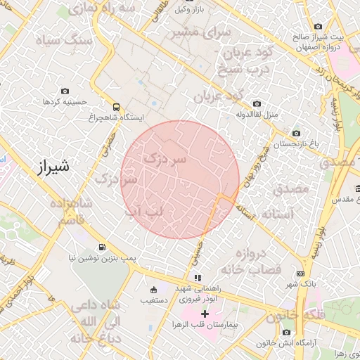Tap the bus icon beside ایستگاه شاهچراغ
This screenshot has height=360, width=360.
coord(116,107)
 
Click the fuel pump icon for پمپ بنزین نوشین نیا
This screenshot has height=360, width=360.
coord(103,247)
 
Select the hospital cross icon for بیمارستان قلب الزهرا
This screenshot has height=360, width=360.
coord(205,313)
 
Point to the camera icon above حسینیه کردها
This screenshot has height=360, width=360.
coord(65,91)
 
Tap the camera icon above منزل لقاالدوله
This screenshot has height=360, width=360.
coord(257,103)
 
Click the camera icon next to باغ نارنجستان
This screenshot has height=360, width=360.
coord(296,133)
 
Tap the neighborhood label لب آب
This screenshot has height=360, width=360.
coord(143,211)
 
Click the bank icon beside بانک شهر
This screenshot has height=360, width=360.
coord(302,274)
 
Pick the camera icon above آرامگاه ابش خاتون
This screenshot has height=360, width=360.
coord(287,332)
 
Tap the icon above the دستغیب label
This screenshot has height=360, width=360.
coord(154,289)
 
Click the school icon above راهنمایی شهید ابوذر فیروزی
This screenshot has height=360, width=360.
coord(198,278)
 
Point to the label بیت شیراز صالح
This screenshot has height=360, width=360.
coord(330,36)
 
